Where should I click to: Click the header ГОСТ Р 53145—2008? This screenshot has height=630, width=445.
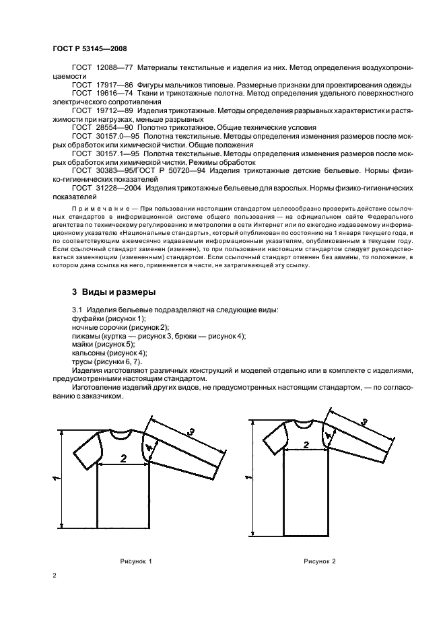[89, 48]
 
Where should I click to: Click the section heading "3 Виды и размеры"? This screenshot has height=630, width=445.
[114, 293]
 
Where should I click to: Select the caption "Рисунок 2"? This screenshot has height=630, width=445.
[319, 561]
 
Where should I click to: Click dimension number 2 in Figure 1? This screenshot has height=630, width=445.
[123, 458]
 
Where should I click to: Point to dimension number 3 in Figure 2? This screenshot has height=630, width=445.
[364, 423]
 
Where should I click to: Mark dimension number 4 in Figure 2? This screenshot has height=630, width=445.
[328, 435]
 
